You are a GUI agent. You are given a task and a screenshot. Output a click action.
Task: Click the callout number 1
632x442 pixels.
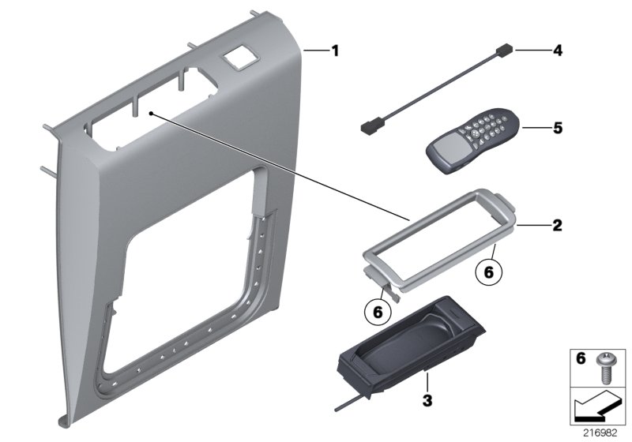[x=335, y=51]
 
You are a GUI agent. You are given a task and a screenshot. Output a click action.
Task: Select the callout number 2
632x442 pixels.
[x=557, y=226]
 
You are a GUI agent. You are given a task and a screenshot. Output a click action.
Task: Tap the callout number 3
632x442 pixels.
[x=427, y=401]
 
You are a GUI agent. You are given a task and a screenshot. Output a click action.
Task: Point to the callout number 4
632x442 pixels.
[x=557, y=51]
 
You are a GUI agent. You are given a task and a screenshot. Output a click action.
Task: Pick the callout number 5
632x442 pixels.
[x=557, y=127]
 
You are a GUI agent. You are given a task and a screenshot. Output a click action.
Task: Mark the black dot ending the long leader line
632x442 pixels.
[x=149, y=114]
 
